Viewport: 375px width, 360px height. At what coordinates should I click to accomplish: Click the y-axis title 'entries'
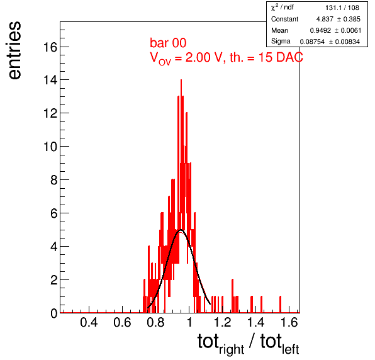click(x=15, y=50)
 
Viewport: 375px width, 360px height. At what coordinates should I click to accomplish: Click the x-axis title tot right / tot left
click(x=249, y=343)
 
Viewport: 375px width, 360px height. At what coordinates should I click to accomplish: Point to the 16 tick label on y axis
click(x=50, y=47)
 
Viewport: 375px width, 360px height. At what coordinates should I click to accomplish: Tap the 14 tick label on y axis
click(x=50, y=80)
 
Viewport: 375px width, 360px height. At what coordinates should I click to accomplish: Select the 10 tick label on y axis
click(x=50, y=147)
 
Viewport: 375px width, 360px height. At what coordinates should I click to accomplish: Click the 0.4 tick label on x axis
click(x=89, y=322)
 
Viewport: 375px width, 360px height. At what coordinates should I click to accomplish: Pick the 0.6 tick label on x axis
click(x=122, y=322)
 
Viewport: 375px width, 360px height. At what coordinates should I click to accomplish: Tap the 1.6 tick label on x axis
click(x=289, y=322)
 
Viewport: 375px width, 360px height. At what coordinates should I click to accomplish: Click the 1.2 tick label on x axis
click(x=222, y=322)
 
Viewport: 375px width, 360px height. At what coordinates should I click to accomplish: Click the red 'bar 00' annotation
click(x=168, y=43)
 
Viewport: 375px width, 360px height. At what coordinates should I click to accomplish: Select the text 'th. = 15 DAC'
click(x=266, y=57)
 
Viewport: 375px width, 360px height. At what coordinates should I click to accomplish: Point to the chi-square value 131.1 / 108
click(x=342, y=8)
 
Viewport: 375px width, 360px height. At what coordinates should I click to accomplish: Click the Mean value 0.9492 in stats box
click(x=320, y=31)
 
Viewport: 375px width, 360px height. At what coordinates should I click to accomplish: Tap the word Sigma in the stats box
click(x=281, y=42)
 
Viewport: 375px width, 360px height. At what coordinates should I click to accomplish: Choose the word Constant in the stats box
click(x=284, y=19)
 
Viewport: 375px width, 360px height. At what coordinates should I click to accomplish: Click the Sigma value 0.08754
click(x=312, y=42)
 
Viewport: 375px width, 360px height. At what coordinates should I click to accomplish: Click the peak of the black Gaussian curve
click(x=181, y=230)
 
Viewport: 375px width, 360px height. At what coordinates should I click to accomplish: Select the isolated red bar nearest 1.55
click(x=280, y=304)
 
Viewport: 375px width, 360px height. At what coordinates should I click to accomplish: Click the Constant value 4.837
click(x=325, y=19)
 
